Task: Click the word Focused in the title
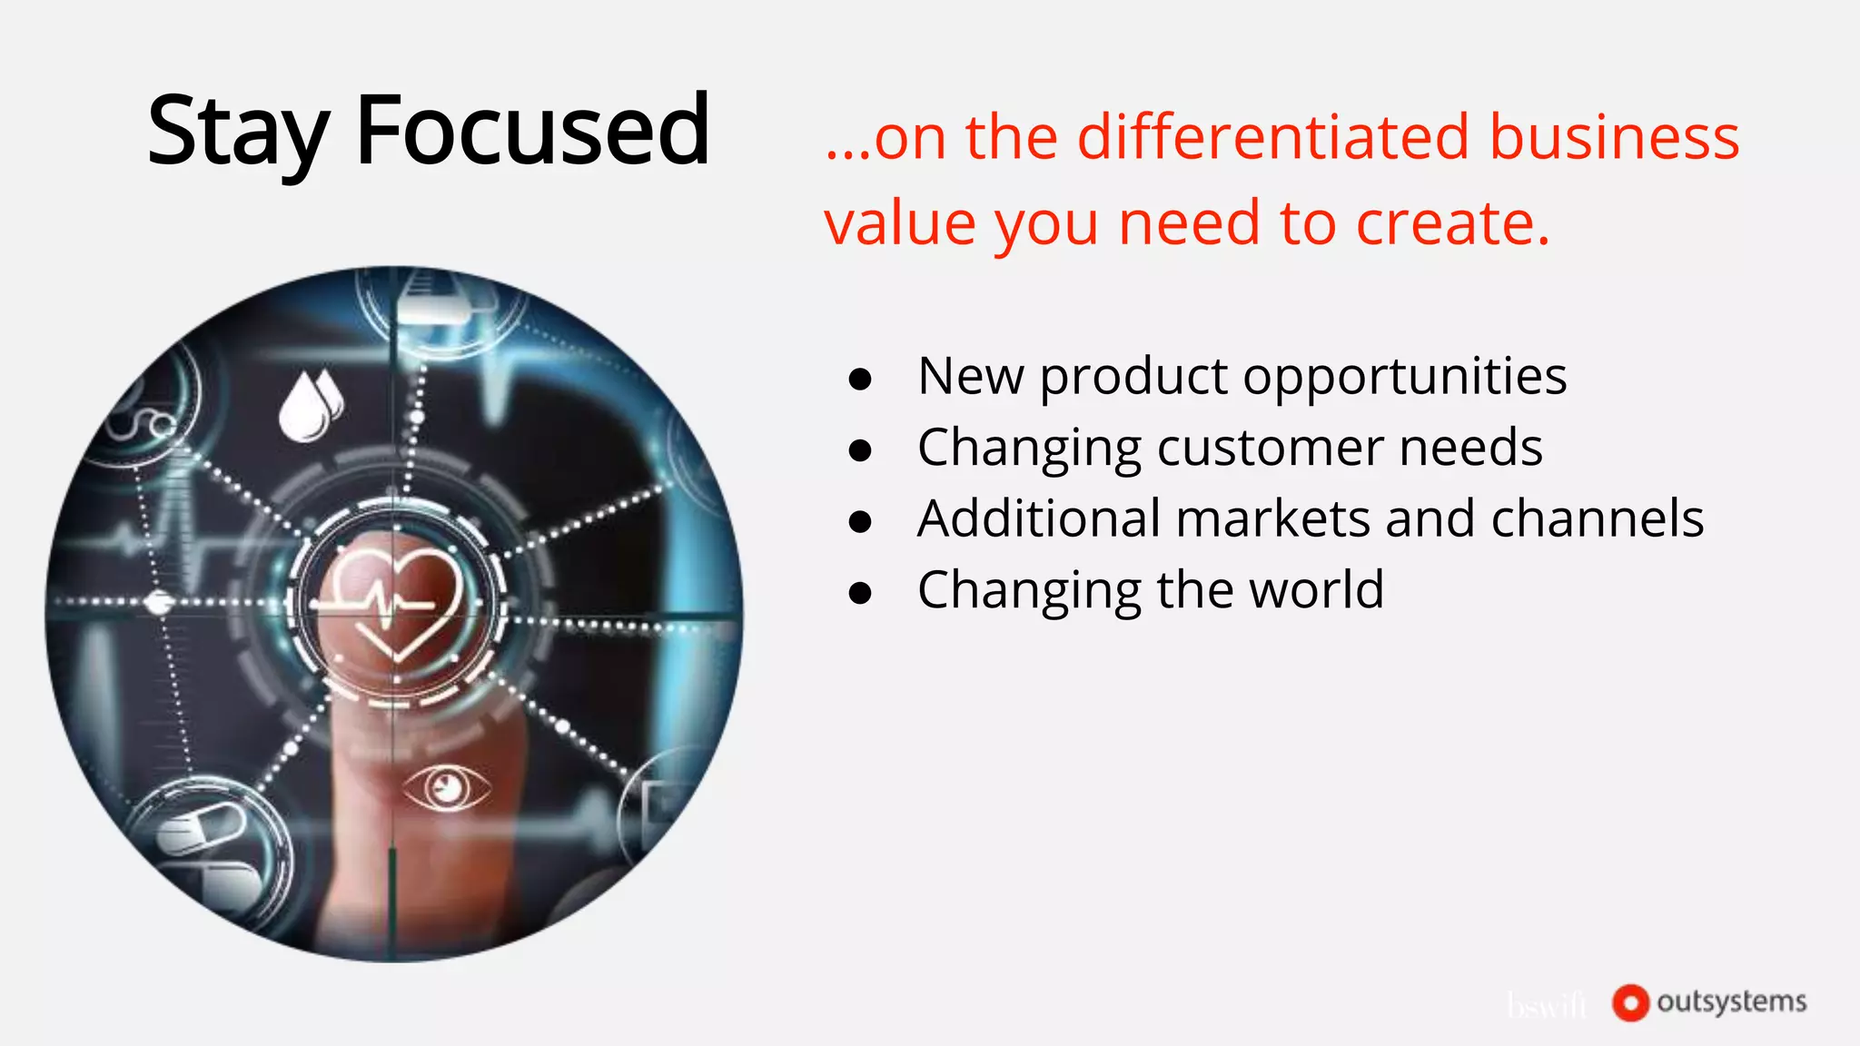[x=532, y=132]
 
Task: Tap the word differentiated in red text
[x=1273, y=138]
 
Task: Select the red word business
[x=1614, y=138]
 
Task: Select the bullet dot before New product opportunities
[x=860, y=380]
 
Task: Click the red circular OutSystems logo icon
[x=1629, y=1002]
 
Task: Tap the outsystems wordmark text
[x=1731, y=1002]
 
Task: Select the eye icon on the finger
[x=446, y=787]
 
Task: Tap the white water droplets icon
[x=310, y=406]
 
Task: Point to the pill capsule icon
[x=200, y=831]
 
